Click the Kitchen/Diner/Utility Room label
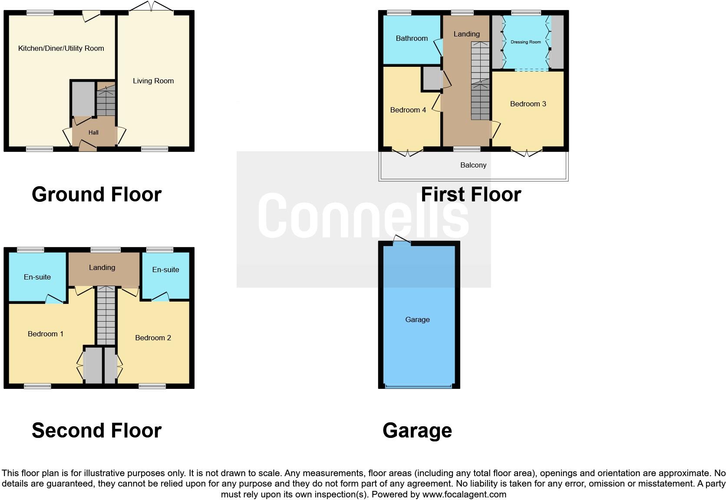point(61,48)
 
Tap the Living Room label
point(153,81)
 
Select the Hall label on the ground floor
point(93,132)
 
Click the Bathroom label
point(412,38)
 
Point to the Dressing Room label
point(525,42)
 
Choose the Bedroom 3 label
point(528,104)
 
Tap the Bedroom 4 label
point(408,110)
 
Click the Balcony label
point(473,165)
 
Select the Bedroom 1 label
point(46,334)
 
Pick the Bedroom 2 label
point(153,338)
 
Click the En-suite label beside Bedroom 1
point(37,277)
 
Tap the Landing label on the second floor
point(102,267)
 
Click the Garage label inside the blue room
point(417,319)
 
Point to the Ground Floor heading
point(96,194)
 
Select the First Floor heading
point(471,194)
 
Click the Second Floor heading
point(96,430)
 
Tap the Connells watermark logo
point(363,216)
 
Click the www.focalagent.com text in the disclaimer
point(464,494)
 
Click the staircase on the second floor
point(106,316)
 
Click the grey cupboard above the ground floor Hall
point(83,99)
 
